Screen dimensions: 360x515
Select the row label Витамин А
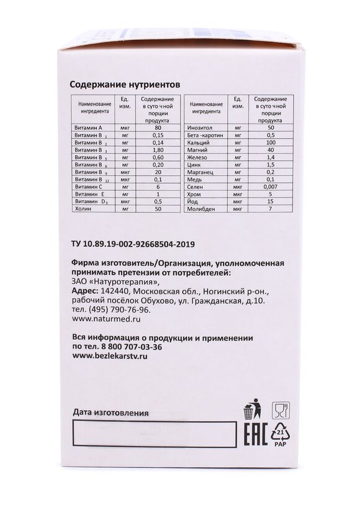88,127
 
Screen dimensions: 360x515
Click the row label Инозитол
197,127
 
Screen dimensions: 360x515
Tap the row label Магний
195,150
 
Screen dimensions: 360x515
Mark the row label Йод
192,202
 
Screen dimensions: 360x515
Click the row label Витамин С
88,187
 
